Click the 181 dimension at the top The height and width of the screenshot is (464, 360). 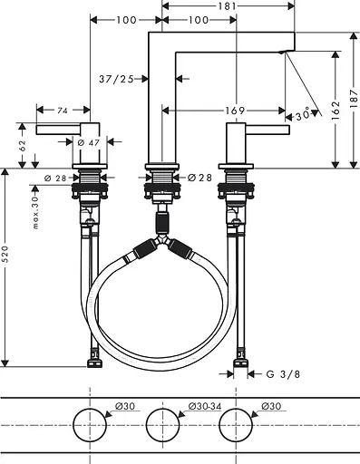[229, 6]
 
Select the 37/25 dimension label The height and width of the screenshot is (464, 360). [115, 80]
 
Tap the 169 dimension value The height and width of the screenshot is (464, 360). [237, 111]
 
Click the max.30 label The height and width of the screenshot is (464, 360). [35, 210]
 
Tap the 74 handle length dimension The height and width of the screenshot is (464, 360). [63, 111]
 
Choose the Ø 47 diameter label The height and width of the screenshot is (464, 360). [88, 143]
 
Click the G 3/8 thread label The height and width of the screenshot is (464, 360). [283, 372]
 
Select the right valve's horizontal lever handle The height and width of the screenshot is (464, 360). [268, 130]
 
